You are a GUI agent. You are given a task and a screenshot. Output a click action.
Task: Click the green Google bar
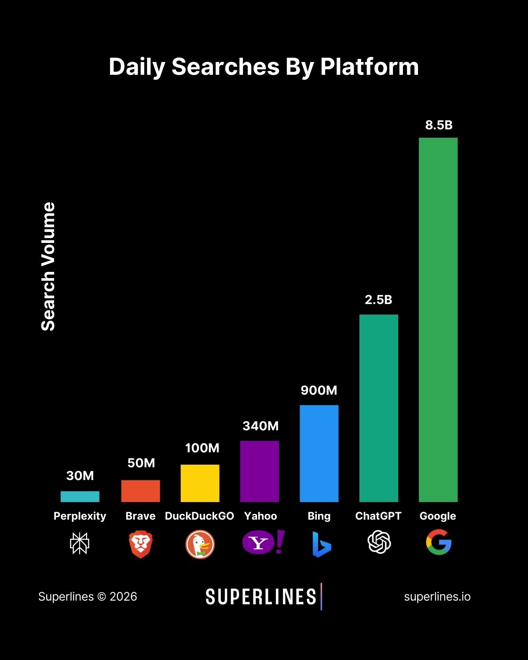pos(438,320)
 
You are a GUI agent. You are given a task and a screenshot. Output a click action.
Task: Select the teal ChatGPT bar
pos(378,408)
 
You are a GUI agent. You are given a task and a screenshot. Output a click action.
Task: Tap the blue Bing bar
pos(319,453)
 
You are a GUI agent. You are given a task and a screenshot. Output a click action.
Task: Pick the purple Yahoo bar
pos(260,471)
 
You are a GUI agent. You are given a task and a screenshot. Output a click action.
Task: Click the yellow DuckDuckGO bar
pos(200,483)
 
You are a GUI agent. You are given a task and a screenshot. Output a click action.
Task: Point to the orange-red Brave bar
pos(140,491)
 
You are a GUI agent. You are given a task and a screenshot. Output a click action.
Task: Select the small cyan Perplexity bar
pos(80,496)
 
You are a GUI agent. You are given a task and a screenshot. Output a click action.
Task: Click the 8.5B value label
pos(439,125)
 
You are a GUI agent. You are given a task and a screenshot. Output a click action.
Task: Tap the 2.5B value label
pos(378,300)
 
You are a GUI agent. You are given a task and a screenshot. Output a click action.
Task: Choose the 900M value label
pos(319,390)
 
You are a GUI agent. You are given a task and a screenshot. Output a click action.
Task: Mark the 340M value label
pos(260,426)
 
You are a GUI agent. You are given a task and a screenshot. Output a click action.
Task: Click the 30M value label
pos(80,476)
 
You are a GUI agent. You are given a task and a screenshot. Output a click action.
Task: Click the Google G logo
pos(439,542)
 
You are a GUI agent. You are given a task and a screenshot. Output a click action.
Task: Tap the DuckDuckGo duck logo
pos(200,544)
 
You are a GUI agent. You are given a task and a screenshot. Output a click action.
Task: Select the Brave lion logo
pos(140,544)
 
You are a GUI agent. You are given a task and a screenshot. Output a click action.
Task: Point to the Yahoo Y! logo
pos(263,542)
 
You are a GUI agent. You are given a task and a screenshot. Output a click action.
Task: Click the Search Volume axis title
pos(48,267)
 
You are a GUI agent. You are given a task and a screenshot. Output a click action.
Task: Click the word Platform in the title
pos(369,67)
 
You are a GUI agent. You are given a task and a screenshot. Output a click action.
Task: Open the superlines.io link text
pos(437,597)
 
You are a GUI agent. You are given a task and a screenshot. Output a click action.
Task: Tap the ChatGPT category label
pos(378,516)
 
